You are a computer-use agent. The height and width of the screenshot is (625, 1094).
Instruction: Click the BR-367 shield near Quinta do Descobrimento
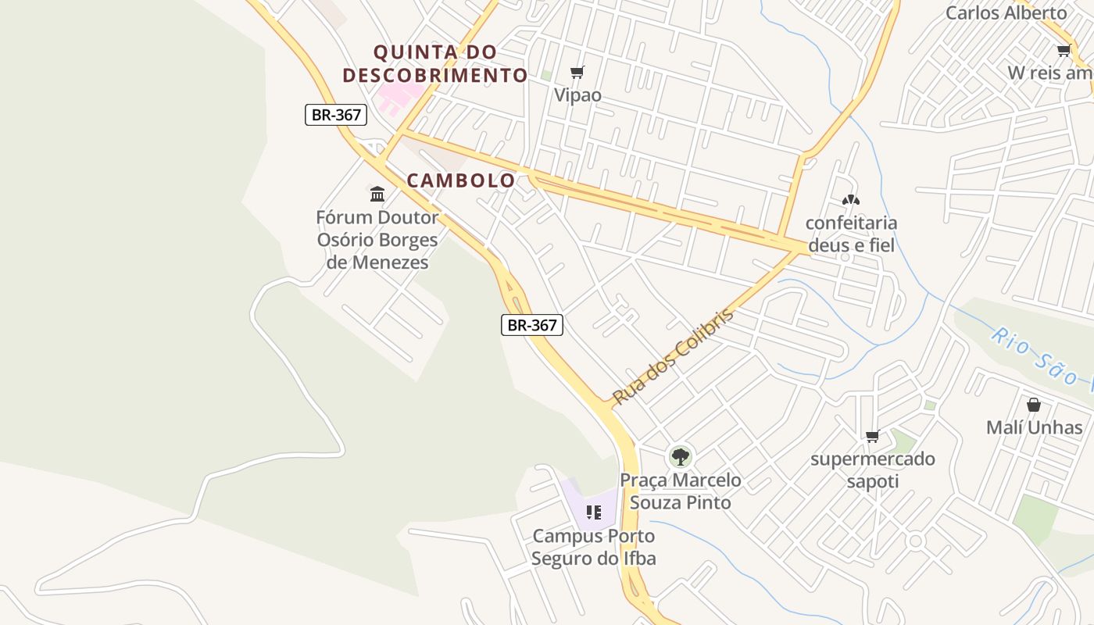pyautogui.click(x=336, y=115)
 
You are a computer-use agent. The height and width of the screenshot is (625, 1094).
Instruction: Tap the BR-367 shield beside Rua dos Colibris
pyautogui.click(x=532, y=325)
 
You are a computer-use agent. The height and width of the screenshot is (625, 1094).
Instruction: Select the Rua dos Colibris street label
pyautogui.click(x=673, y=357)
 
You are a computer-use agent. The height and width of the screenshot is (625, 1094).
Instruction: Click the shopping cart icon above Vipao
pyautogui.click(x=577, y=73)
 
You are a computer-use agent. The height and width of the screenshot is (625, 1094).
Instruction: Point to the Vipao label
pyautogui.click(x=577, y=95)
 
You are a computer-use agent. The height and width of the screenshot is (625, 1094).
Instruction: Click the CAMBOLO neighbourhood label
pyautogui.click(x=461, y=180)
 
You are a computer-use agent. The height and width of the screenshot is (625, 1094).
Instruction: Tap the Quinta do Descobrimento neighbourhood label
pyautogui.click(x=435, y=64)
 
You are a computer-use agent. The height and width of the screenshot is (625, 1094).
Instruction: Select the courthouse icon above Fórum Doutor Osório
pyautogui.click(x=377, y=194)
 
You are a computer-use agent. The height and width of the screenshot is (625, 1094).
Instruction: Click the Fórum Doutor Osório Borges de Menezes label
pyautogui.click(x=377, y=240)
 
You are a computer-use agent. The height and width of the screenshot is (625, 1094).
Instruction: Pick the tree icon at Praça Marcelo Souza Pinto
pyautogui.click(x=681, y=456)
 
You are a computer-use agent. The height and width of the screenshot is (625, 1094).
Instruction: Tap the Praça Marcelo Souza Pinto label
pyautogui.click(x=681, y=491)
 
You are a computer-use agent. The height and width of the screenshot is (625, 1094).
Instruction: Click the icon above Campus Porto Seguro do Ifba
pyautogui.click(x=594, y=512)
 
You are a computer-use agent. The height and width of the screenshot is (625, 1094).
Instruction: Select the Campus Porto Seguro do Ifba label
pyautogui.click(x=594, y=547)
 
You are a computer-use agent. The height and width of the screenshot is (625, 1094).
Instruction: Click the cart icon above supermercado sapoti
pyautogui.click(x=873, y=436)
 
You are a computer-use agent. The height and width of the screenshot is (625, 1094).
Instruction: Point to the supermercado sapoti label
pyautogui.click(x=873, y=470)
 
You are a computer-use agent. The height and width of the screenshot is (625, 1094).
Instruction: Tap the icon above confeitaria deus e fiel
pyautogui.click(x=851, y=200)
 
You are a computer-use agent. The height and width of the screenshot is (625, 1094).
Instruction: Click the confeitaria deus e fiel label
pyautogui.click(x=851, y=234)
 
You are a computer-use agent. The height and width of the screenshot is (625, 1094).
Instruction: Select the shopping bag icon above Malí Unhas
pyautogui.click(x=1034, y=405)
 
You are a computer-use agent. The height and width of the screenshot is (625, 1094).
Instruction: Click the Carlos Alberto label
pyautogui.click(x=1006, y=13)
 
